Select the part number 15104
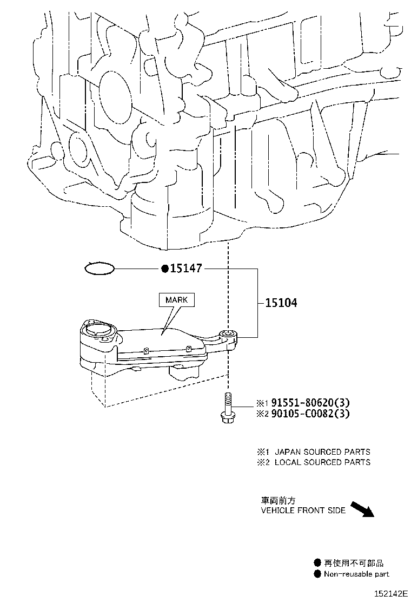point(281,303)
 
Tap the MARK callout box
point(176,299)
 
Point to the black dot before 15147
point(164,269)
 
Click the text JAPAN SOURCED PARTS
point(322,451)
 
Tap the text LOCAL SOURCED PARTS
point(322,462)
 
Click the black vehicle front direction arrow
point(362,509)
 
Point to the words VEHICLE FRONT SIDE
point(303,511)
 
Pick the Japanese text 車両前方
point(278,501)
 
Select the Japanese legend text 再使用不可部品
point(354,563)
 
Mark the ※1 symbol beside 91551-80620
point(262,403)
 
